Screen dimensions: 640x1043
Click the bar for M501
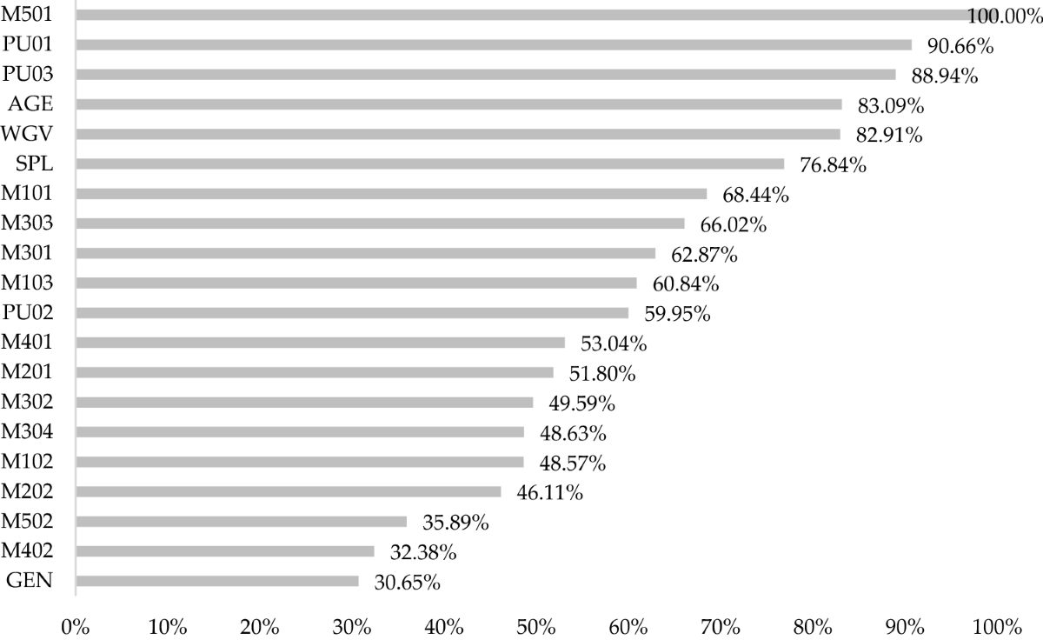(x=521, y=15)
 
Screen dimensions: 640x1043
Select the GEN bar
(x=217, y=581)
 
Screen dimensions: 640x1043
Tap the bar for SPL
(x=430, y=163)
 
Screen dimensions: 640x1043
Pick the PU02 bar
(x=352, y=312)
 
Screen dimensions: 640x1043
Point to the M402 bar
(x=225, y=551)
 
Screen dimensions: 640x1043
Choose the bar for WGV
(x=458, y=134)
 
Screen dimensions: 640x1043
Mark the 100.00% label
(x=1004, y=17)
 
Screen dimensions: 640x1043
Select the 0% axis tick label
(x=76, y=625)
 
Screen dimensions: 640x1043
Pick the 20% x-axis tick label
(x=260, y=625)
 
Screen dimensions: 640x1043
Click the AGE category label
(x=31, y=104)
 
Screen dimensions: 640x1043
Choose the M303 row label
(x=28, y=223)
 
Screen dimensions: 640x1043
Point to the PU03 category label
(x=28, y=75)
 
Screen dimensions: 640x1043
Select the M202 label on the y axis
(x=28, y=491)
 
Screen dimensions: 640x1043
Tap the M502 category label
(x=28, y=521)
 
